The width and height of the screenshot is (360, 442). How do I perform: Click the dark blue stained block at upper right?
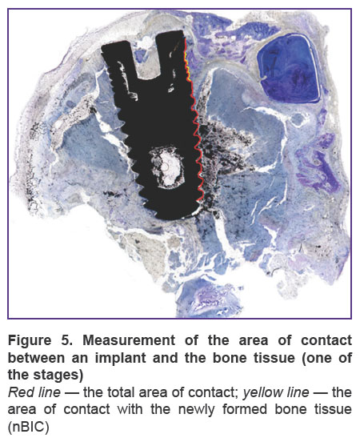[x=289, y=68]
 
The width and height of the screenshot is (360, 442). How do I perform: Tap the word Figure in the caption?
[x=30, y=340]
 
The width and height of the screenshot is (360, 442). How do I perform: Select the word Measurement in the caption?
[x=129, y=340]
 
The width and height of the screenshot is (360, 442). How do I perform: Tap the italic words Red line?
[x=34, y=392]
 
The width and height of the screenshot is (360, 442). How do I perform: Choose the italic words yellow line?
[x=276, y=392]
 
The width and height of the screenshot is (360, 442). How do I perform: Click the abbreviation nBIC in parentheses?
[x=28, y=427]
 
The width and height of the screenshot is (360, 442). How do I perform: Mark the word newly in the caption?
[x=196, y=410]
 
